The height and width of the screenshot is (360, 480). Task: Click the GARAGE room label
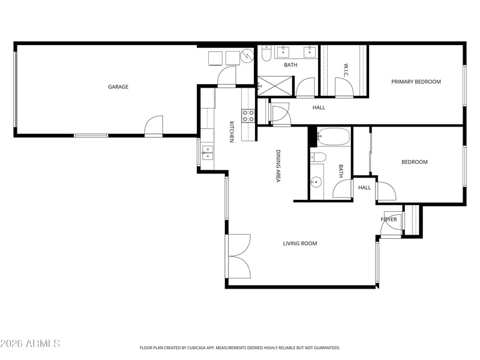118,87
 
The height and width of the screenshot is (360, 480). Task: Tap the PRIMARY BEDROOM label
416,82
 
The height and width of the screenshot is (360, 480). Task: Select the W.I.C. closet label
346,70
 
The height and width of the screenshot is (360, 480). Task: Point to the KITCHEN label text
232,131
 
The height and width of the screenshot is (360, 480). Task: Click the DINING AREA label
278,166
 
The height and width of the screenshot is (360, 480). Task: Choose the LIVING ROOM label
299,244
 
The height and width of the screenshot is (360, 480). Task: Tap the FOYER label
389,220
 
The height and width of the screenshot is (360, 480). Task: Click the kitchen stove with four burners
248,116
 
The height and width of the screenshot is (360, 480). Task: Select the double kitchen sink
208,152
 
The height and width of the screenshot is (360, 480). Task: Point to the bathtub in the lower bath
333,137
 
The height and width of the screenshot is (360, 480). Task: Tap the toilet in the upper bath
266,53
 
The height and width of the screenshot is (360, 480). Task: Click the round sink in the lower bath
316,182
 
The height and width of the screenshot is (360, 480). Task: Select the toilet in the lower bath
318,157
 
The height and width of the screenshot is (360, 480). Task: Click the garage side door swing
154,125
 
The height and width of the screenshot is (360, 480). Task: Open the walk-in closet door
344,87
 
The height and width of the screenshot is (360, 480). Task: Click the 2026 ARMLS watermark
30,343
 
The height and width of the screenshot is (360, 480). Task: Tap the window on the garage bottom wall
91,136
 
